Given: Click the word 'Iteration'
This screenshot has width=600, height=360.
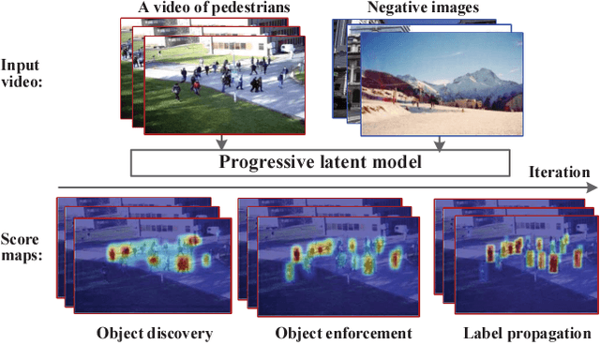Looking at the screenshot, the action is [560, 172].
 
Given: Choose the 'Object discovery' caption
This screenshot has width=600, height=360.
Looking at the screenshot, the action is [155, 333].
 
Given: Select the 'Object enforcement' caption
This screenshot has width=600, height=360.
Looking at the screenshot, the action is [343, 333].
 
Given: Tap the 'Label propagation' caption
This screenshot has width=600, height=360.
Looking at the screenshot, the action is [528, 333].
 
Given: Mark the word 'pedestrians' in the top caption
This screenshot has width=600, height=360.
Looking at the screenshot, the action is [259, 8].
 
